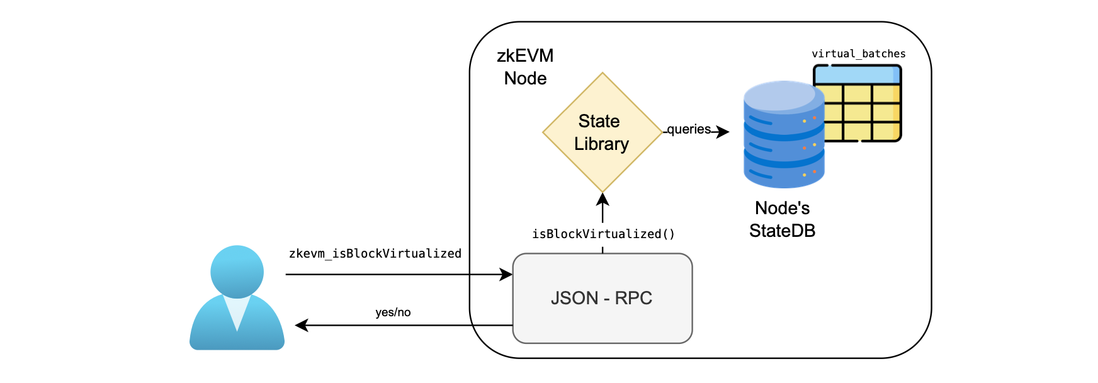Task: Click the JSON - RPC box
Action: pos(602,298)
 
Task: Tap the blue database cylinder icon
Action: pos(783,135)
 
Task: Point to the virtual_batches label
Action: pos(858,54)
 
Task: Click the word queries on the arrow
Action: pos(689,129)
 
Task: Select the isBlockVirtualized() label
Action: pos(603,234)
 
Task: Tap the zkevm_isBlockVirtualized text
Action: pos(375,253)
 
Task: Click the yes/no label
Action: pos(393,312)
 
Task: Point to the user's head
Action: pos(237,271)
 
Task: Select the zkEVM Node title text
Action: pos(525,67)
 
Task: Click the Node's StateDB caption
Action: pos(782,219)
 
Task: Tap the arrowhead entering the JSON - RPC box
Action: pos(506,275)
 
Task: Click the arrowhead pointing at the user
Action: pos(302,326)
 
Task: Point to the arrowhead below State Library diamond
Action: pos(603,199)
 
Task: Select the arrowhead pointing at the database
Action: pos(723,132)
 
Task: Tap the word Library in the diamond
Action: pos(601,144)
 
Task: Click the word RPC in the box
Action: pos(633,298)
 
